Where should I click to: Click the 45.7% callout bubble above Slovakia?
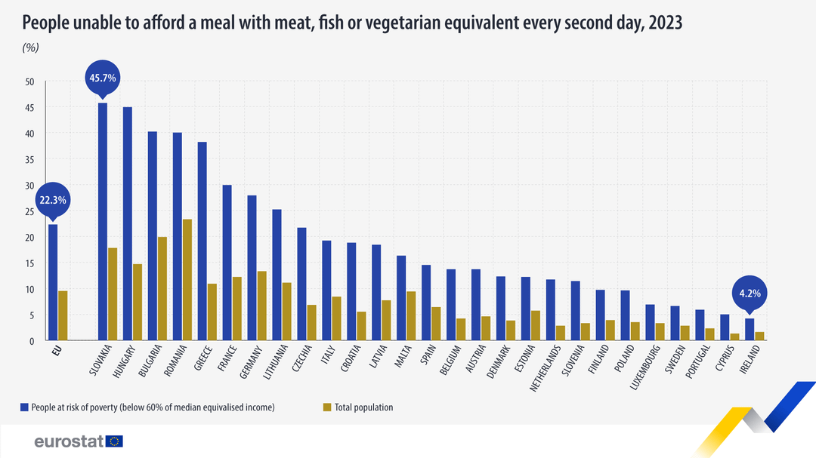pyautogui.click(x=103, y=78)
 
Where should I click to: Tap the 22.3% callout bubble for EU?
pyautogui.click(x=53, y=200)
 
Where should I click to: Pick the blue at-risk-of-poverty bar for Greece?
pyautogui.click(x=202, y=241)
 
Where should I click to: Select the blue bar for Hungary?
pyautogui.click(x=128, y=224)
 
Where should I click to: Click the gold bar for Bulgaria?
pyautogui.click(x=162, y=289)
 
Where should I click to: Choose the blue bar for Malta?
pyautogui.click(x=401, y=298)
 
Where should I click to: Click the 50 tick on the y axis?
pyautogui.click(x=30, y=81)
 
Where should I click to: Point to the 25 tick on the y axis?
pyautogui.click(x=30, y=211)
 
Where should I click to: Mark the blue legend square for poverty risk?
pyautogui.click(x=25, y=407)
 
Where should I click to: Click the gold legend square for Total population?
pyautogui.click(x=327, y=407)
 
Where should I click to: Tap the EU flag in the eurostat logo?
pyautogui.click(x=115, y=441)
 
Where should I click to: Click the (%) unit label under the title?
pyautogui.click(x=31, y=48)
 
